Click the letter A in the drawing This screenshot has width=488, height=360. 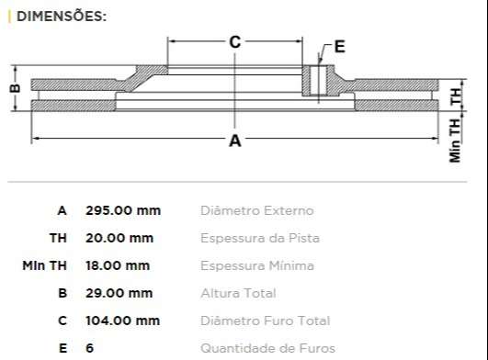pyautogui.click(x=235, y=141)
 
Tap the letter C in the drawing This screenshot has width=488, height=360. pyautogui.click(x=235, y=42)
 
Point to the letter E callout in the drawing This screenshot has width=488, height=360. pyautogui.click(x=339, y=46)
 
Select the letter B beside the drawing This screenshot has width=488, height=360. pyautogui.click(x=14, y=89)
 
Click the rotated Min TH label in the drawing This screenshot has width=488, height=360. pyautogui.click(x=455, y=141)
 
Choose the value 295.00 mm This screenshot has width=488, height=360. pyautogui.click(x=123, y=210)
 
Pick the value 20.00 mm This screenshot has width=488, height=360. pyautogui.click(x=119, y=238)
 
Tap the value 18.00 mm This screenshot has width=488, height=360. pyautogui.click(x=118, y=265)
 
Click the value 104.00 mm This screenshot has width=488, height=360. pyautogui.click(x=122, y=321)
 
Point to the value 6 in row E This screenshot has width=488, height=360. pyautogui.click(x=90, y=348)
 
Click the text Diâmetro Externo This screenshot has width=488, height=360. pyautogui.click(x=256, y=210)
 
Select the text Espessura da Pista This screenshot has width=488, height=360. pyautogui.click(x=260, y=238)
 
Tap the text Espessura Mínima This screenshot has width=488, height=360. pyautogui.click(x=256, y=265)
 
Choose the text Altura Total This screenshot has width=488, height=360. pyautogui.click(x=238, y=293)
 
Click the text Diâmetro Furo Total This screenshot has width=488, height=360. pyautogui.click(x=265, y=321)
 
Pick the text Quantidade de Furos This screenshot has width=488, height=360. pyautogui.click(x=267, y=348)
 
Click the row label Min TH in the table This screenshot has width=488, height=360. pyautogui.click(x=45, y=265)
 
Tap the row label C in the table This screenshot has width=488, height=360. pyautogui.click(x=62, y=321)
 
